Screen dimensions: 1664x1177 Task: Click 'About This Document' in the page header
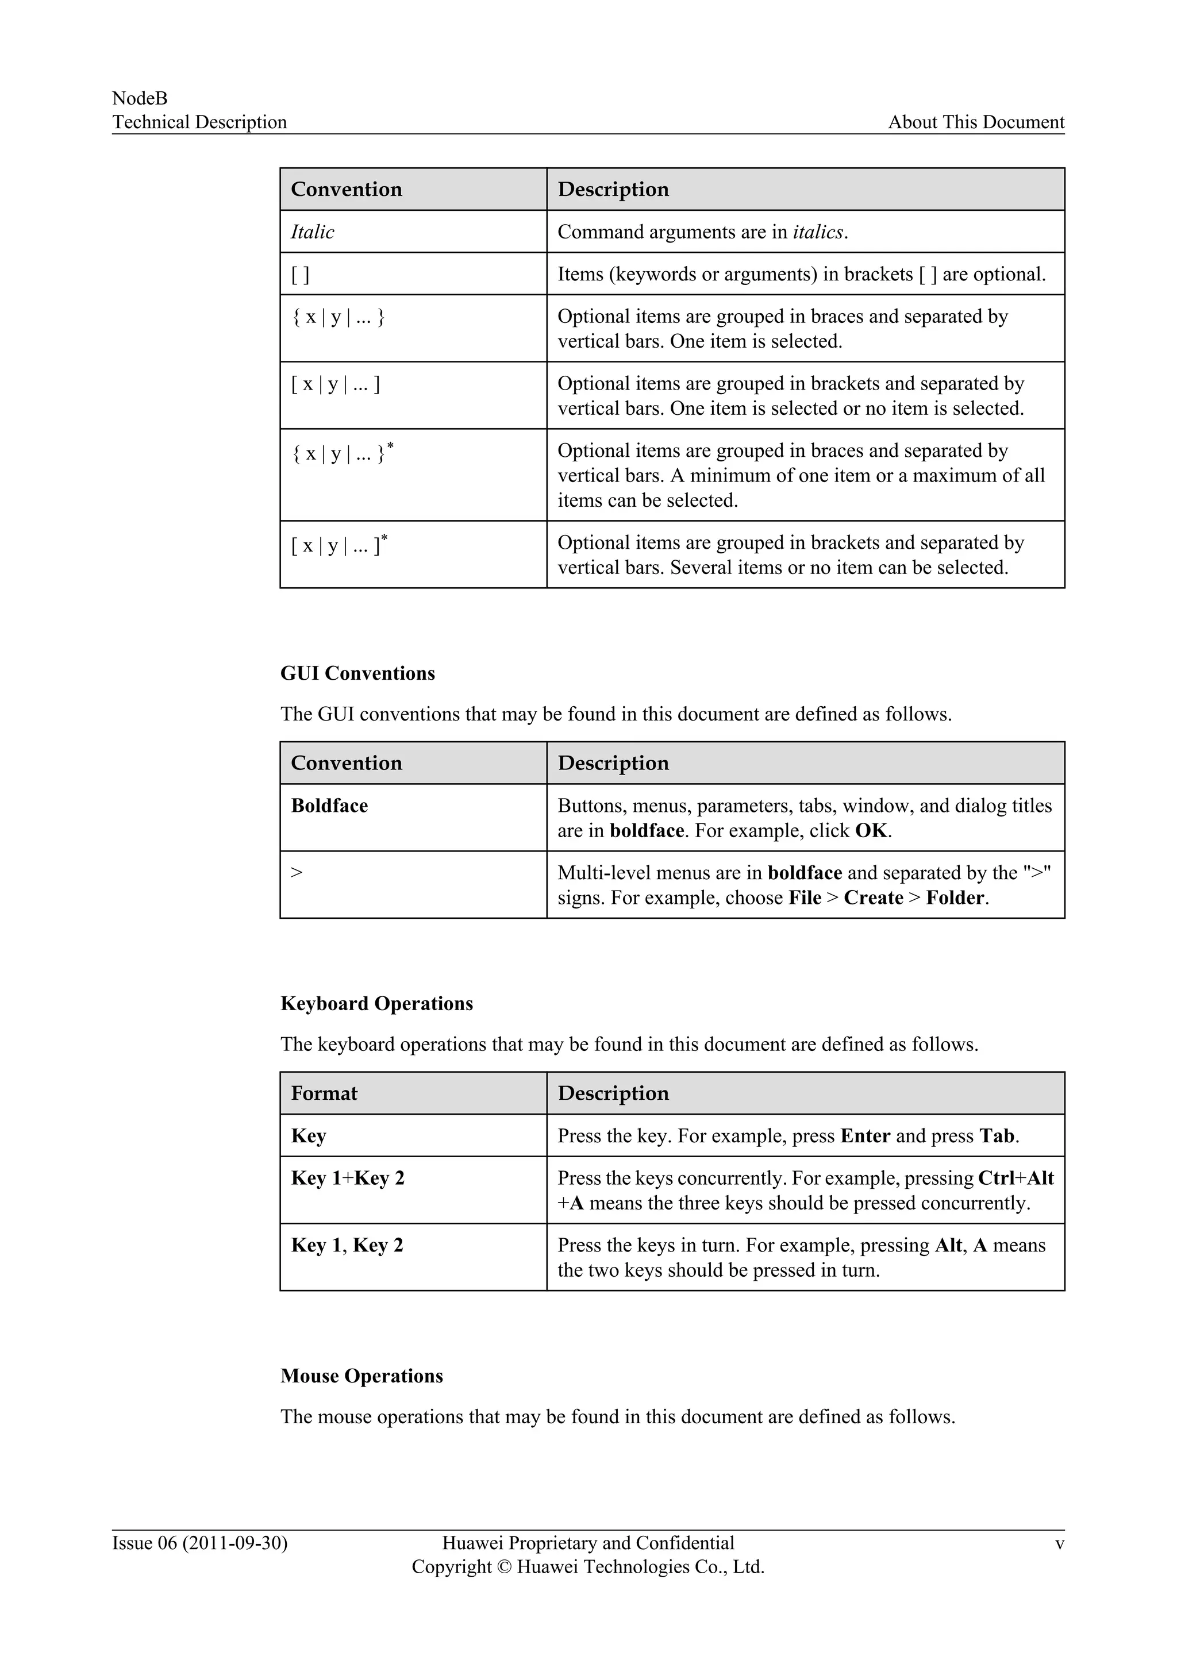click(x=975, y=122)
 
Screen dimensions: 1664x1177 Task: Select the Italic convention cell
click(x=313, y=232)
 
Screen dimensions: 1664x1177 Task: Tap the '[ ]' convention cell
click(x=300, y=275)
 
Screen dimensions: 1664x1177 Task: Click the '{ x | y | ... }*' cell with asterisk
click(x=341, y=454)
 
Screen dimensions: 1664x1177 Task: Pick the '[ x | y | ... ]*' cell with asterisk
click(x=339, y=545)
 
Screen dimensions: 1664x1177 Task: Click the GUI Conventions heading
click(x=357, y=673)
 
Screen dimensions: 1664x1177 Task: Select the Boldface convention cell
click(x=329, y=806)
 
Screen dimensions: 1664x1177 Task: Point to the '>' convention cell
click(x=297, y=873)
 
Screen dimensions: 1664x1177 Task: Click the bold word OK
click(x=871, y=830)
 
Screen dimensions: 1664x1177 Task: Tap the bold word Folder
click(x=955, y=898)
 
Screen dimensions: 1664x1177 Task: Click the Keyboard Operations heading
click(x=376, y=1004)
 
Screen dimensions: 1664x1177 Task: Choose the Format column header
click(x=324, y=1093)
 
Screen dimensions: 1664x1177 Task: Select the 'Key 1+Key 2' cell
click(x=347, y=1178)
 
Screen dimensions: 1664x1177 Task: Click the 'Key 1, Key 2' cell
click(x=347, y=1246)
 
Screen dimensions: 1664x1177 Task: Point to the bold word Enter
click(x=864, y=1137)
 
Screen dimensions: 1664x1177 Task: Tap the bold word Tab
click(x=997, y=1137)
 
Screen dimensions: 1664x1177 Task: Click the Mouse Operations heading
click(x=361, y=1376)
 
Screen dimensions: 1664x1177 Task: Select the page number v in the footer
click(x=1059, y=1544)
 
